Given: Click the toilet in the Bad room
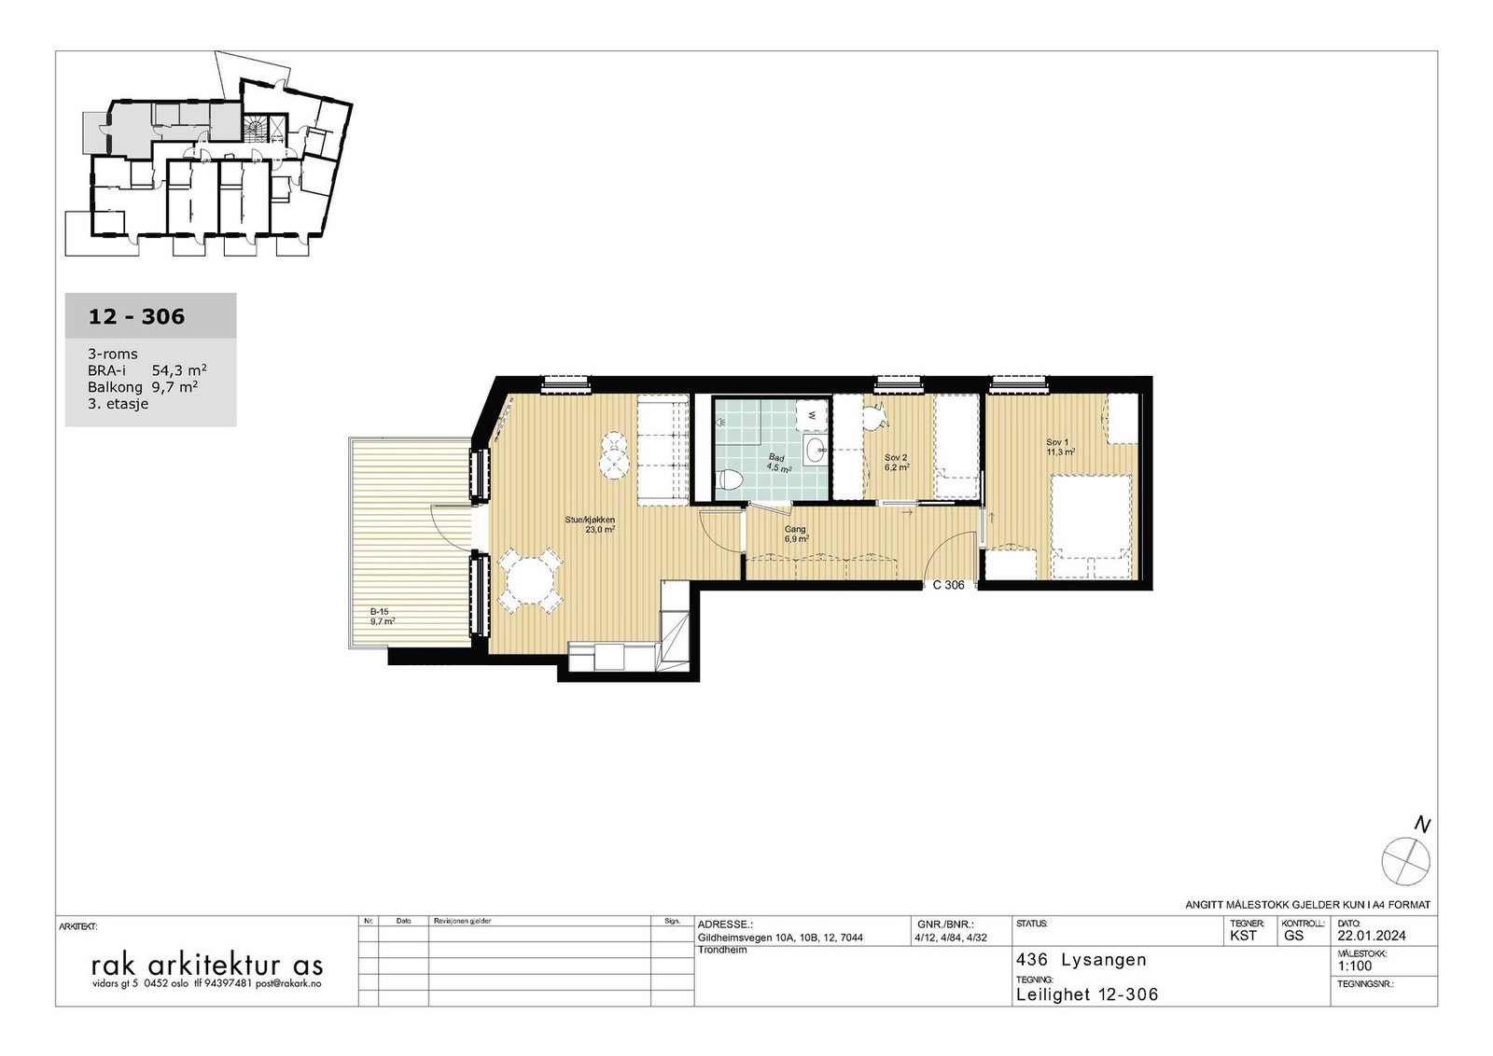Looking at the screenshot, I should (x=731, y=481).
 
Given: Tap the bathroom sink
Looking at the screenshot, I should (x=815, y=449).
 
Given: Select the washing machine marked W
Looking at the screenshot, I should (x=813, y=413).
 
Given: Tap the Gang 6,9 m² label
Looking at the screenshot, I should (x=795, y=534).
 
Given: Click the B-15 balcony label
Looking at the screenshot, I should (x=381, y=616).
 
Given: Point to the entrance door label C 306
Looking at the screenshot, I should (x=948, y=586).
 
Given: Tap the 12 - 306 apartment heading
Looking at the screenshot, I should (x=136, y=317).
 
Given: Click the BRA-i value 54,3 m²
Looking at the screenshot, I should (x=179, y=370).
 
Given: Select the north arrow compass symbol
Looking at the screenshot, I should (x=1404, y=858).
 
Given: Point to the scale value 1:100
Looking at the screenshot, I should (x=1354, y=966).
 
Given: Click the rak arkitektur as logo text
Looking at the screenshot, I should (x=206, y=964).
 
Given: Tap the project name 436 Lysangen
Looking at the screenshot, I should (x=1081, y=960).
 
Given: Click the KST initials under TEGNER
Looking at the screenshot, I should (x=1243, y=936).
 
